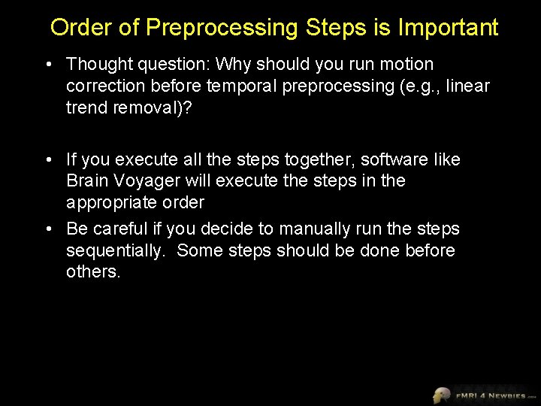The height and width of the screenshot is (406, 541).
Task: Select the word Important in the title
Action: pos(448,29)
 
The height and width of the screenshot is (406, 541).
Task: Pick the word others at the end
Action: pos(92,271)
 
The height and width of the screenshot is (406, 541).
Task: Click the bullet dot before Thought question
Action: pos(49,65)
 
